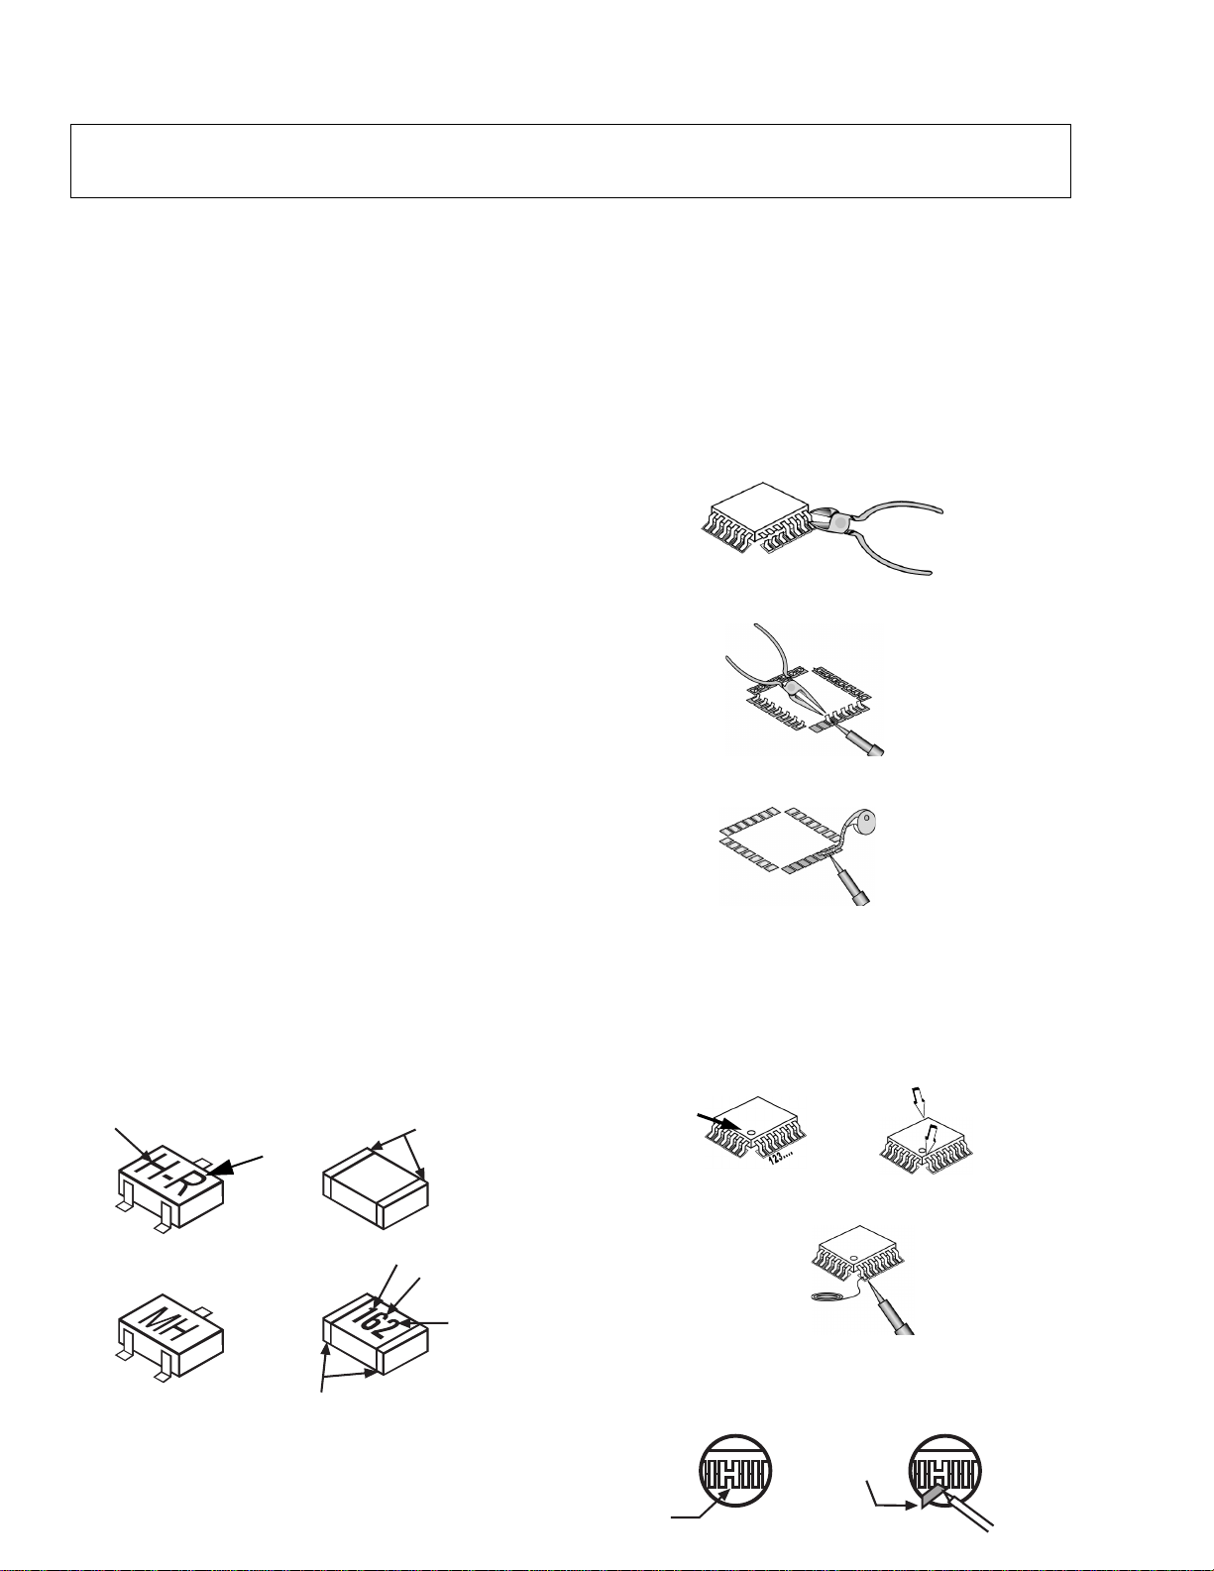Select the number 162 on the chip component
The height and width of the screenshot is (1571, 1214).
(373, 1322)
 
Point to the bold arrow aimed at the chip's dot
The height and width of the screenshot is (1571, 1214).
(719, 1121)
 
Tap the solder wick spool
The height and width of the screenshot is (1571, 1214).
(864, 825)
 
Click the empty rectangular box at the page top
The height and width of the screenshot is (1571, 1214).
(570, 161)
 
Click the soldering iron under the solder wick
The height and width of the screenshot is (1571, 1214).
(852, 886)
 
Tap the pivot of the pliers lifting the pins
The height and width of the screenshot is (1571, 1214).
(792, 688)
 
